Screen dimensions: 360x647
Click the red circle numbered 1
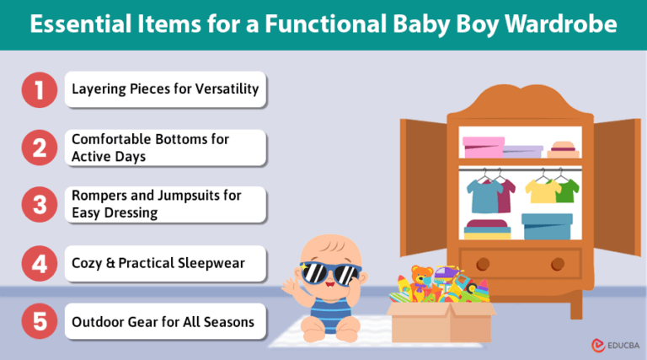pos(38,89)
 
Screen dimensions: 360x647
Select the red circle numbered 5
pos(38,321)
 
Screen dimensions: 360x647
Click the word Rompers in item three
pos(99,196)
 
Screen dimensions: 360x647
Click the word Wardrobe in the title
pos(561,24)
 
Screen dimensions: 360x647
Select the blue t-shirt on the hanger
pos(484,195)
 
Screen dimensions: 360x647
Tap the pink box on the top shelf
pos(483,147)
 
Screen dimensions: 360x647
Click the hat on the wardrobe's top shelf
pos(563,149)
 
